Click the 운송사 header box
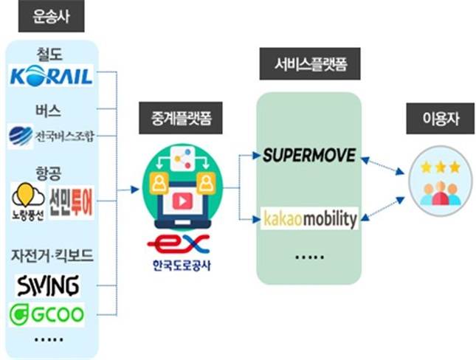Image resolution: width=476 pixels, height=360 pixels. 51,17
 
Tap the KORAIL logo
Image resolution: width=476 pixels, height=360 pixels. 52,76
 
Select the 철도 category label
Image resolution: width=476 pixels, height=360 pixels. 51,54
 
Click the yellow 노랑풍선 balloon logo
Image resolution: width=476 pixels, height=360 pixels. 27,199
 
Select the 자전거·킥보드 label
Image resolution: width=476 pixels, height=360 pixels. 51,255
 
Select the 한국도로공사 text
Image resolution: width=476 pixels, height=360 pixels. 177,265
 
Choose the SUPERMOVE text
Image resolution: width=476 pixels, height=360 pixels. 309,155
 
